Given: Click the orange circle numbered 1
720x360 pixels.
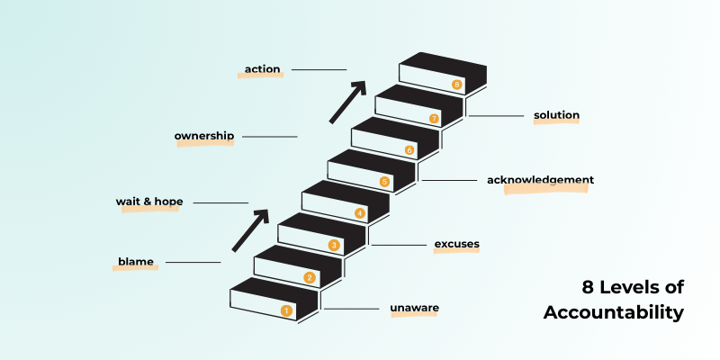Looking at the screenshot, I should [x=286, y=310].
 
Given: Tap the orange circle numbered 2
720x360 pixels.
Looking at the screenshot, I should [x=310, y=278].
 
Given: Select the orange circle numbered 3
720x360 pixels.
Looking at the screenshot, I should [x=334, y=245].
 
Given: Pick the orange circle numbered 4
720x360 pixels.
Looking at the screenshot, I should [x=360, y=213].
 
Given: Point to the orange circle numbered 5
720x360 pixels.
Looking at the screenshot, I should [x=384, y=182].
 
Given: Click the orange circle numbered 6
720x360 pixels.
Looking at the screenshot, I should [x=409, y=149].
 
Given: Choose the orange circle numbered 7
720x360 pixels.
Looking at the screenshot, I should [x=434, y=118].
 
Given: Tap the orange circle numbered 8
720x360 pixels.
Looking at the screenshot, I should [x=457, y=85].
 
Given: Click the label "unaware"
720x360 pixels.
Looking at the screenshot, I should [x=414, y=309].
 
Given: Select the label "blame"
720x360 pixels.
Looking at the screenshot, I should [x=135, y=262].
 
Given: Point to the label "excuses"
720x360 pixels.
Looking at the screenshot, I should [x=456, y=244].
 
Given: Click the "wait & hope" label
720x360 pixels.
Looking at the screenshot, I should [x=149, y=202].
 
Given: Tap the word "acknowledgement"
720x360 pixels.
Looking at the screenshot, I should [x=540, y=180].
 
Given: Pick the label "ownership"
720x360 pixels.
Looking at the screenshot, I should [x=204, y=137].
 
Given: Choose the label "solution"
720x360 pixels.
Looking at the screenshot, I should [x=556, y=115].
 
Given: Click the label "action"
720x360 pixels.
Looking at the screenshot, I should [x=263, y=68].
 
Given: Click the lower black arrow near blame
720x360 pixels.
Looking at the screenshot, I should [x=251, y=230].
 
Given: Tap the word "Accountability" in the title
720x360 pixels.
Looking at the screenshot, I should [x=614, y=312].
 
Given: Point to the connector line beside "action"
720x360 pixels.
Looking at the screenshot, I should [x=319, y=69].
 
